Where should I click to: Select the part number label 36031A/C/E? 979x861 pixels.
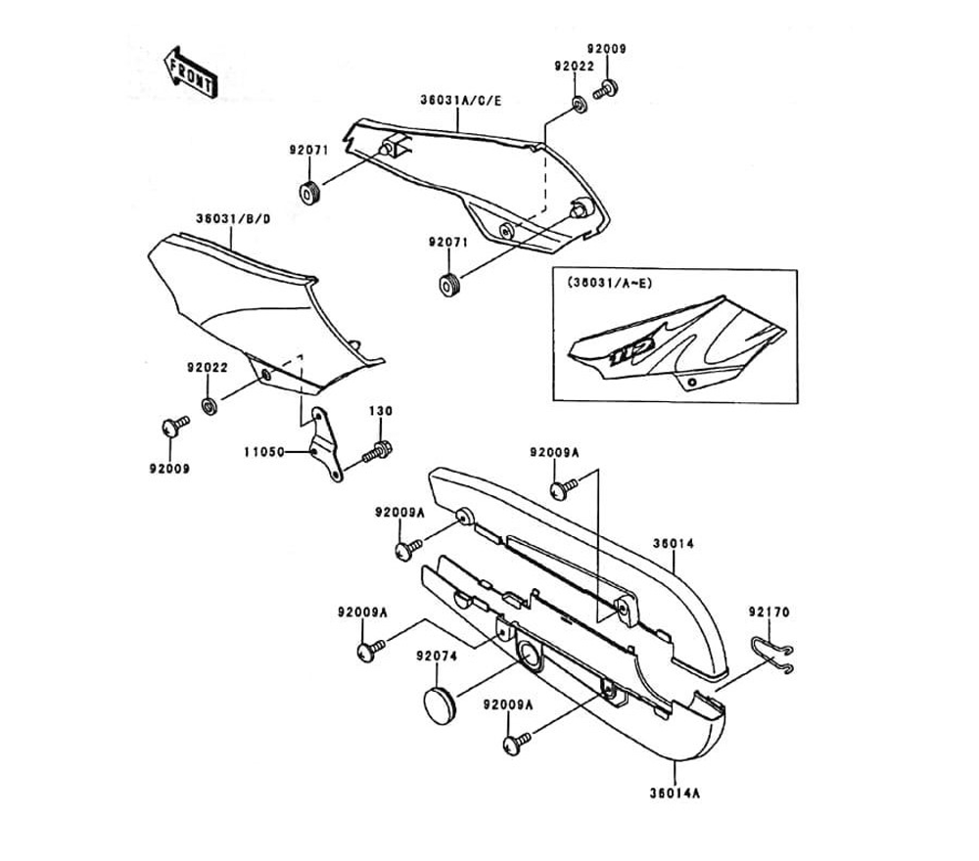(460, 100)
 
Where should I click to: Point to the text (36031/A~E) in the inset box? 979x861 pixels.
(610, 283)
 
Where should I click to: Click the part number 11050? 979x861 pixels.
(264, 453)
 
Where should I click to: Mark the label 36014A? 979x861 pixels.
(674, 793)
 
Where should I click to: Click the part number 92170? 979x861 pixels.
(769, 612)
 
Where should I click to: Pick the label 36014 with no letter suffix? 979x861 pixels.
(673, 539)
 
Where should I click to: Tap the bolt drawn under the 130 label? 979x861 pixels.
(378, 452)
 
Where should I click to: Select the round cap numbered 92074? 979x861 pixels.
(442, 703)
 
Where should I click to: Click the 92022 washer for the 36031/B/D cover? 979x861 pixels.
(210, 404)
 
